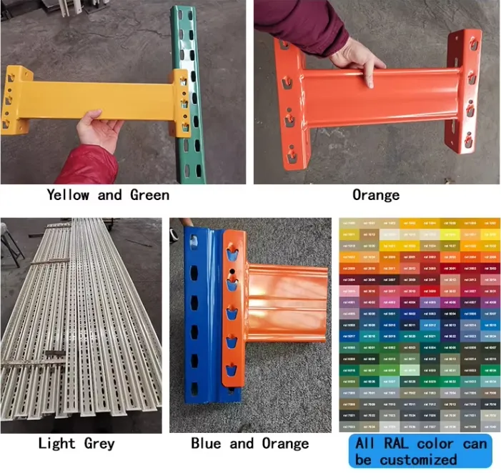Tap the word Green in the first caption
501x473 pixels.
[x=149, y=194]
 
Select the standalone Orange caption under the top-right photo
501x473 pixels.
[x=376, y=194]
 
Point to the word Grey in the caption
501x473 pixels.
[x=99, y=444]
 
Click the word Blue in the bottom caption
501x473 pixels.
[x=207, y=444]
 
